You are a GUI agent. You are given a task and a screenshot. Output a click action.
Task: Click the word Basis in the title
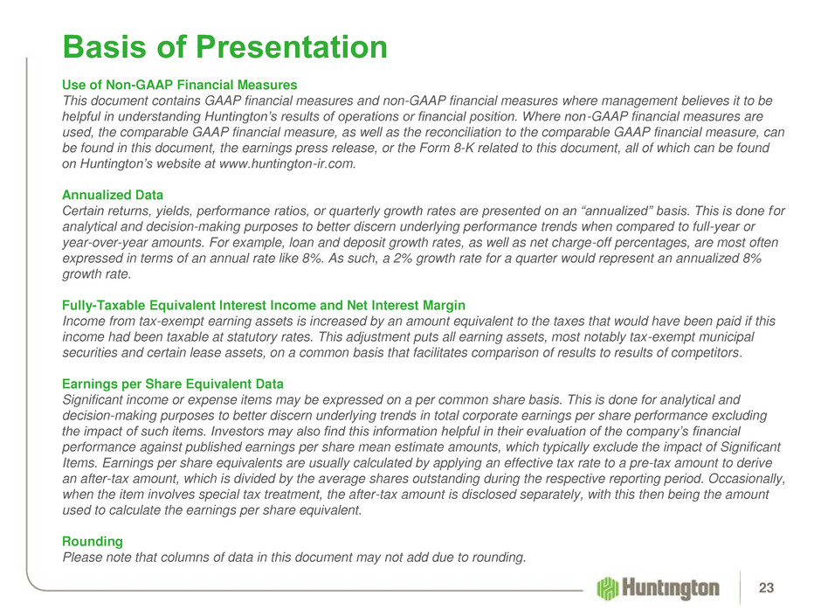[105, 46]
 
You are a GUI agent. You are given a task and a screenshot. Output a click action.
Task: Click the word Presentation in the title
[291, 46]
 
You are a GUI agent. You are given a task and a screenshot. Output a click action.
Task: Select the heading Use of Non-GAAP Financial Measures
[180, 85]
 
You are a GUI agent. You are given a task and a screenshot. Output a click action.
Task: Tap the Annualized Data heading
[113, 195]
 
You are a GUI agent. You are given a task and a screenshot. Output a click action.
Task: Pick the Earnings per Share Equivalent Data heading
[173, 384]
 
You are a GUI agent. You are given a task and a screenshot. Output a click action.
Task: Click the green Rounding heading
[93, 541]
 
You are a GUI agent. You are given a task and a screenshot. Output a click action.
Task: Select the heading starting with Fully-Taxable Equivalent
[264, 306]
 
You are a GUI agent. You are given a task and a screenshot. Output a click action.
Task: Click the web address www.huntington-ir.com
[287, 163]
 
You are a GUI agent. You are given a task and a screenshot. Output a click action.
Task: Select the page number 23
[766, 588]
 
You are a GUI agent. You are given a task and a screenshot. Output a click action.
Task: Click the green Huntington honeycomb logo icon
[607, 588]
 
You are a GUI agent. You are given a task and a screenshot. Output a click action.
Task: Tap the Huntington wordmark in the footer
[670, 589]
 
